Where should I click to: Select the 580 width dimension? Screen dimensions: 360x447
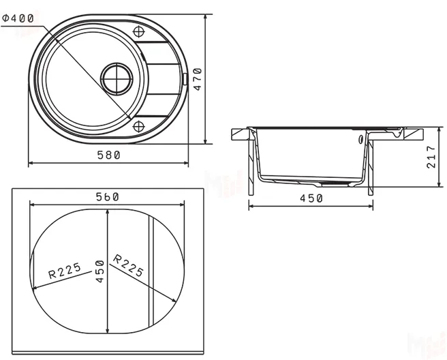tap(108, 155)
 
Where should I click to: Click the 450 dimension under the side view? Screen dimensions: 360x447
tap(311, 198)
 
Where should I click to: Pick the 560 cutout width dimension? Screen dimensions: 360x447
tap(108, 196)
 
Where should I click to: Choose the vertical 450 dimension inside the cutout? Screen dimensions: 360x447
tap(99, 272)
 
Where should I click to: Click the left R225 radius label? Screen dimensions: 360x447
tap(65, 273)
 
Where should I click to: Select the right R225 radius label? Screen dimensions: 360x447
tap(129, 265)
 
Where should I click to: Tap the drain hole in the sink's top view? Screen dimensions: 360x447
tap(117, 77)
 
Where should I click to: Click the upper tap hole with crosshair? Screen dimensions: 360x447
tap(139, 32)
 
